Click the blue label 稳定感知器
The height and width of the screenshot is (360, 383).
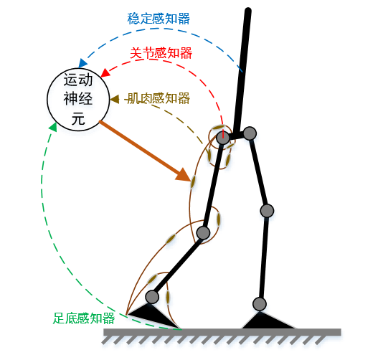pyautogui.click(x=159, y=19)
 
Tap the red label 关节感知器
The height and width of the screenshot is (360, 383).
pyautogui.click(x=161, y=53)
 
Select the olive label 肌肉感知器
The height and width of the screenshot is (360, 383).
pyautogui.click(x=159, y=98)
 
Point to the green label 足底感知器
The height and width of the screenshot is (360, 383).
pyautogui.click(x=84, y=318)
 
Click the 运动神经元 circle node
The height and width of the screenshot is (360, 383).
pyautogui.click(x=78, y=100)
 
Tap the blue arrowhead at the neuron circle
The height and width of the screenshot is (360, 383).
pyautogui.click(x=82, y=63)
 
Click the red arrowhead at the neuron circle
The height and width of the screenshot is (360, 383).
pyautogui.click(x=105, y=73)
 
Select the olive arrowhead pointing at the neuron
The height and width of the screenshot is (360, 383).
pyautogui.click(x=114, y=99)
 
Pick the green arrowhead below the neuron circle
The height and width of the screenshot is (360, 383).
pyautogui.click(x=53, y=127)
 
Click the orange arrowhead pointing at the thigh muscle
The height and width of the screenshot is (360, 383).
pyautogui.click(x=184, y=174)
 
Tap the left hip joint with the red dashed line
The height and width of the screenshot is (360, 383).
pyautogui.click(x=223, y=138)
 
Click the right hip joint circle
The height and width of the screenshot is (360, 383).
pyautogui.click(x=250, y=133)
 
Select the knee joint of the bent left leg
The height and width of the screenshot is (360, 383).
pyautogui.click(x=203, y=232)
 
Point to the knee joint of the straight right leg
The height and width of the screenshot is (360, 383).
pyautogui.click(x=267, y=211)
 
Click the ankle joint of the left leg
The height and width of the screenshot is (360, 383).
pyautogui.click(x=152, y=297)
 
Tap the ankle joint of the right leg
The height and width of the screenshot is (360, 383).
pyautogui.click(x=260, y=304)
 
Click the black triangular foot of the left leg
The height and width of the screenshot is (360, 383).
pyautogui.click(x=153, y=314)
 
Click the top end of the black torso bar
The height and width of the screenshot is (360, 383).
pyautogui.click(x=248, y=11)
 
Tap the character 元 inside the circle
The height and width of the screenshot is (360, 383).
pyautogui.click(x=78, y=119)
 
